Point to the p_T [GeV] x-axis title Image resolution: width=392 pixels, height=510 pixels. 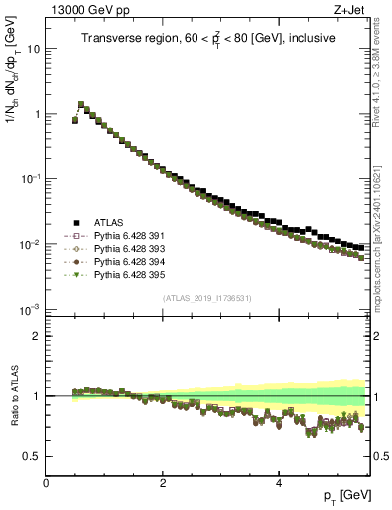point(348,496)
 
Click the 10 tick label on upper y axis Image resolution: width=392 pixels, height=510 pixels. point(34,49)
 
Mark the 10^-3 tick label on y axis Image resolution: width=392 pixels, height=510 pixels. point(30,310)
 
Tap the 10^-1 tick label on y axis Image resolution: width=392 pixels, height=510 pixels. point(30,179)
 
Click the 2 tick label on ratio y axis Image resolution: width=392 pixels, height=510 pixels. point(37,336)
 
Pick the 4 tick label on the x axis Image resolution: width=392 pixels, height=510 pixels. point(280,482)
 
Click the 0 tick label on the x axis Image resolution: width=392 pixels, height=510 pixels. point(47,482)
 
